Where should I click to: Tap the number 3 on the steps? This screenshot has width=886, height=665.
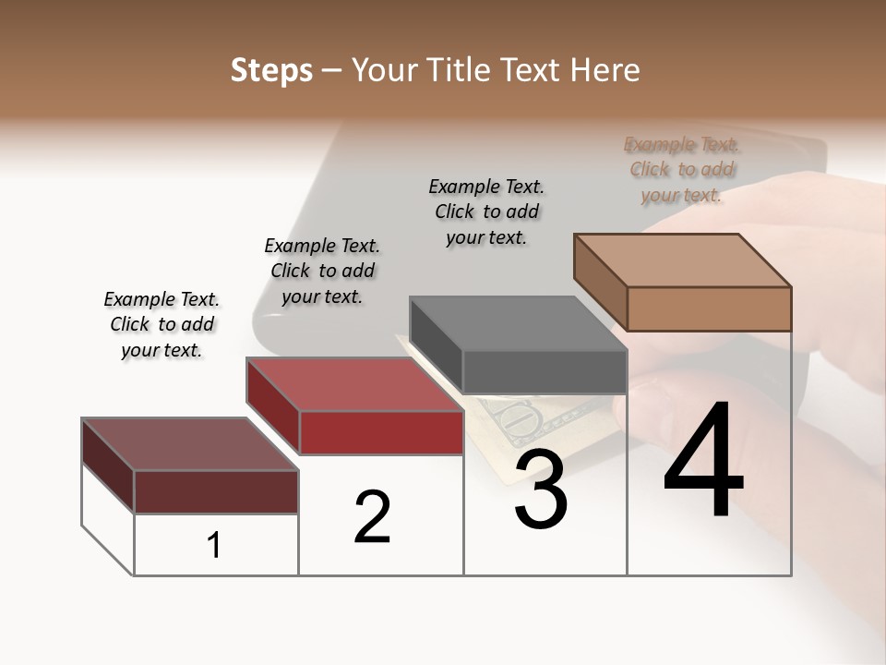[541, 490]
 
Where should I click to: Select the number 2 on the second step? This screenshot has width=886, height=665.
[373, 517]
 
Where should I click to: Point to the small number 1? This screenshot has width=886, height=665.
[214, 546]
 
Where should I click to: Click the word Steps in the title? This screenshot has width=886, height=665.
[271, 70]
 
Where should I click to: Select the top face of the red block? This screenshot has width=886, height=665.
[354, 384]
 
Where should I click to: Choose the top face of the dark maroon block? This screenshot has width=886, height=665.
[190, 444]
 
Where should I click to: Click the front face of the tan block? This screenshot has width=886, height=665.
[709, 308]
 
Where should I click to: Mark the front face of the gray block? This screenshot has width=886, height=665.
[545, 372]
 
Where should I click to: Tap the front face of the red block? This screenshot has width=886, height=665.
[381, 432]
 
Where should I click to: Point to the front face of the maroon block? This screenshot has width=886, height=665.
[216, 491]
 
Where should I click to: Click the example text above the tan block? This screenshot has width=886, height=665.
[682, 170]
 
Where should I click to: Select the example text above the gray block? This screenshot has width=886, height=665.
[486, 212]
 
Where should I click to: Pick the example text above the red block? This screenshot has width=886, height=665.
[322, 271]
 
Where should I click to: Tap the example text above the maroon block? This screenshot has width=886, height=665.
[162, 324]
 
